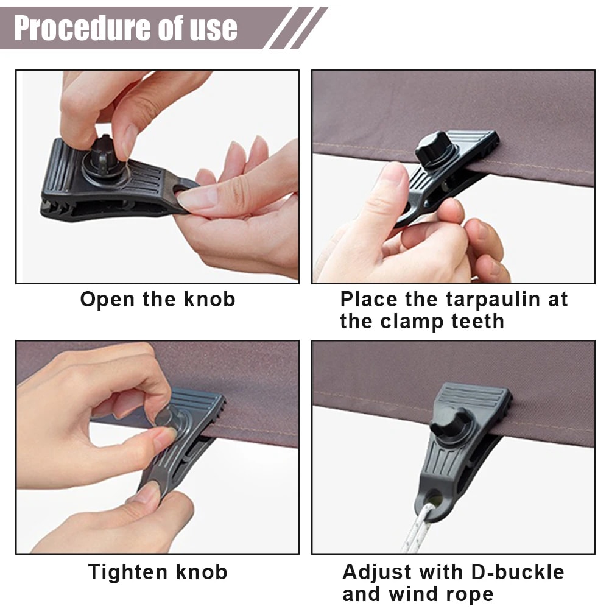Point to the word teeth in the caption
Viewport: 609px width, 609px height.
click(x=476, y=321)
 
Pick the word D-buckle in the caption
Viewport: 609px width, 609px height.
click(x=517, y=572)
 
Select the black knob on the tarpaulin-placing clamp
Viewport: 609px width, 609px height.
click(x=434, y=147)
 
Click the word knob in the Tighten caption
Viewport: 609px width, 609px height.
click(x=200, y=572)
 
